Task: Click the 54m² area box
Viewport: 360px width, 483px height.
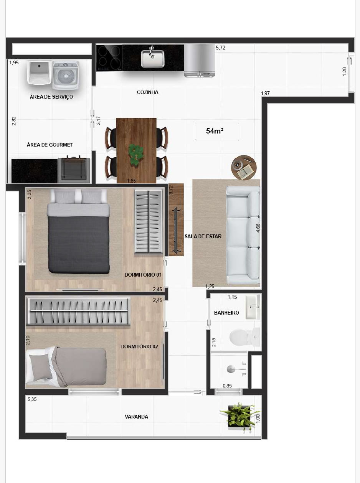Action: coord(217,132)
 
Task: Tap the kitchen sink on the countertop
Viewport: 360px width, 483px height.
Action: coord(152,58)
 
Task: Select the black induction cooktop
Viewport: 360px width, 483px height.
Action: coord(109,58)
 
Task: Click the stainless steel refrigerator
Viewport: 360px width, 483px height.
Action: coord(199,60)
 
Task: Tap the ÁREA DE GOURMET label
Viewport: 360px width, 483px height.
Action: coord(50,145)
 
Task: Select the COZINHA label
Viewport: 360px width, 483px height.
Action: coord(147,92)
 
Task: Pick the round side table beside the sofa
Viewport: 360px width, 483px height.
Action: coord(243,168)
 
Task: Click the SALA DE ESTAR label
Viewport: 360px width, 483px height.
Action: coord(203,236)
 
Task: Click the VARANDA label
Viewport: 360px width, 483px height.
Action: coord(136,417)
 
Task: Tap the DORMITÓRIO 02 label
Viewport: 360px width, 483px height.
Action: coord(139,347)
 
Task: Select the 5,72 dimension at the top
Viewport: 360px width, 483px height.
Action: coord(221,48)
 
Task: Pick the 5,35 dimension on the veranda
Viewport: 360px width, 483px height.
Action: coord(32,399)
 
